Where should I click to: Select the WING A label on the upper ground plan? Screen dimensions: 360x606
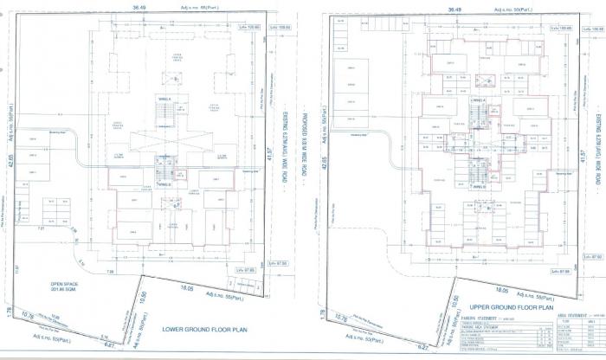474,100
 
